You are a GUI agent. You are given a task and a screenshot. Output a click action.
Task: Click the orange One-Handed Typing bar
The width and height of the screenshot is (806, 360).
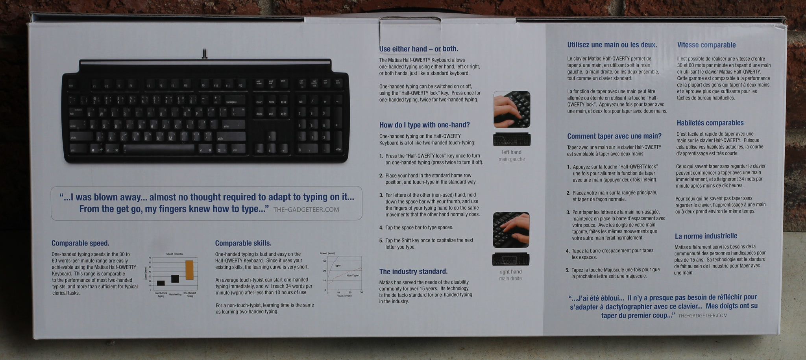tap(189, 270)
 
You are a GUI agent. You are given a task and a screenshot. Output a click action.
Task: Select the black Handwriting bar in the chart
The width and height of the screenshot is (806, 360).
tap(175, 279)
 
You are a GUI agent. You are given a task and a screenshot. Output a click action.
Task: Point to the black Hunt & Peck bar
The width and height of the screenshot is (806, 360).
tap(161, 283)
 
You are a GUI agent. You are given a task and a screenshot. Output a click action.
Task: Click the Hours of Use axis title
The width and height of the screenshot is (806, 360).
tap(344, 295)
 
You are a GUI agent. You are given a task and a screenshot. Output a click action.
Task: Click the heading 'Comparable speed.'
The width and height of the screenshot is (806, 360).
tap(80, 243)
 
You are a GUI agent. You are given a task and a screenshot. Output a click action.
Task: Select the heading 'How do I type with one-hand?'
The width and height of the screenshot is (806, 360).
tap(424, 125)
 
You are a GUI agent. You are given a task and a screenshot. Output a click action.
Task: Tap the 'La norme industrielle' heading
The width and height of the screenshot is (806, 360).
tap(706, 236)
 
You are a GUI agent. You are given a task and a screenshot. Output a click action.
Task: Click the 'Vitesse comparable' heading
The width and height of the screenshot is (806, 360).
tap(706, 45)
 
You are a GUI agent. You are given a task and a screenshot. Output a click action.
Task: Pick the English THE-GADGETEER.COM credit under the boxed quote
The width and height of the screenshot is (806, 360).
tap(306, 210)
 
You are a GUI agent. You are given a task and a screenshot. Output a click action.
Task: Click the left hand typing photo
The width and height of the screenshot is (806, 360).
tap(512, 109)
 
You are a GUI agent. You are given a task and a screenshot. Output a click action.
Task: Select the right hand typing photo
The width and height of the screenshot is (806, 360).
tap(511, 230)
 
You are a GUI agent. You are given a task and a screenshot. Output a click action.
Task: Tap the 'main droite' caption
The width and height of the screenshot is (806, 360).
tap(510, 279)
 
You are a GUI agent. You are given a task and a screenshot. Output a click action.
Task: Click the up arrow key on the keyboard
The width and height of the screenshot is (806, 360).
tap(269, 137)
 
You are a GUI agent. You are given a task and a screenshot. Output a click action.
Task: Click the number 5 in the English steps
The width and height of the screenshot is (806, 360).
tap(381, 241)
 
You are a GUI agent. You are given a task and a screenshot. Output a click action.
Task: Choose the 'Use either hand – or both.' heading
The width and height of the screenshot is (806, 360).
tap(418, 49)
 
